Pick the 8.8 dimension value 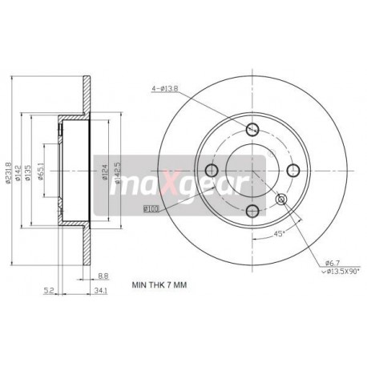tap(103, 276)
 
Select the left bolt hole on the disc tap(213, 169)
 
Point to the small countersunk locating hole tap(281, 199)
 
